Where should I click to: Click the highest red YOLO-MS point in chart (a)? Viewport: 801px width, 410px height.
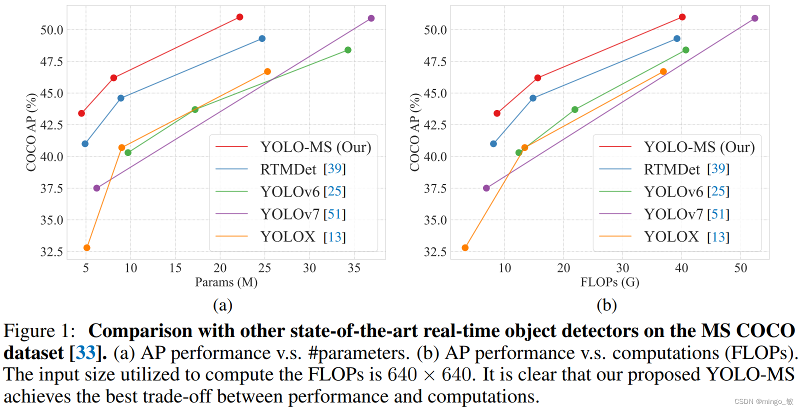point(239,17)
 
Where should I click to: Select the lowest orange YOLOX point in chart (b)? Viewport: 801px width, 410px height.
point(465,247)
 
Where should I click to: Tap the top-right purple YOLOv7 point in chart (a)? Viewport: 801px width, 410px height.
point(371,18)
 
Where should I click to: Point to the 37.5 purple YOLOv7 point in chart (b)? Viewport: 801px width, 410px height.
point(486,188)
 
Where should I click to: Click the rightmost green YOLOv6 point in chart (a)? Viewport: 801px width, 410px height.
point(348,50)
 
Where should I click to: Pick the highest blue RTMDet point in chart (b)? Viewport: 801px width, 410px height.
point(677,38)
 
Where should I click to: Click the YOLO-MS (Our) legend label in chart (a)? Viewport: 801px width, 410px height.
point(315,147)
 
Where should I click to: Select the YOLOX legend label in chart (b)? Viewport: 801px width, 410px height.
point(671,236)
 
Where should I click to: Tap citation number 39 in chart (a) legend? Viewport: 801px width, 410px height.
point(334,169)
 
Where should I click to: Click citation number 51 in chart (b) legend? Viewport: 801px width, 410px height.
point(718,214)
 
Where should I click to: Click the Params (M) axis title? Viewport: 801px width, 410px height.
point(226,282)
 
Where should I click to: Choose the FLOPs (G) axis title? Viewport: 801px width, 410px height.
point(609,282)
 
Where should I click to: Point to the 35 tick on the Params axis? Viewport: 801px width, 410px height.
point(354,268)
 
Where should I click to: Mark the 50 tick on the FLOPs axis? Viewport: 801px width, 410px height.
point(740,268)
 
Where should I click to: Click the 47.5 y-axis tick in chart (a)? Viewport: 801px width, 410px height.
point(51,61)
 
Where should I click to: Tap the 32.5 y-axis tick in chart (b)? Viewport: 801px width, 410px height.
point(435,251)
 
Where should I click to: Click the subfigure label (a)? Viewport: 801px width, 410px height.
point(222,305)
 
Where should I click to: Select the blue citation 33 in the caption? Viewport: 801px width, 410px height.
point(85,353)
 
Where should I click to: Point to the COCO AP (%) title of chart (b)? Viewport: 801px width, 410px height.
point(414,132)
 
